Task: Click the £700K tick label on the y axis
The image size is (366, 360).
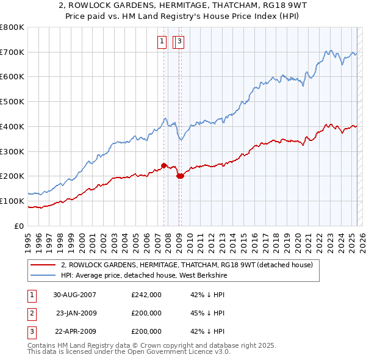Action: click(x=12, y=52)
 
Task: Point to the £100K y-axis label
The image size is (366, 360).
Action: click(x=12, y=201)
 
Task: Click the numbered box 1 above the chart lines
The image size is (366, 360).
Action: click(x=162, y=41)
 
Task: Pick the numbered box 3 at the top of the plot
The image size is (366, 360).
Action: click(x=181, y=41)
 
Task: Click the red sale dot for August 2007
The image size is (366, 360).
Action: click(x=164, y=165)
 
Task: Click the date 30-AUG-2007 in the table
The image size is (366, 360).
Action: click(x=75, y=295)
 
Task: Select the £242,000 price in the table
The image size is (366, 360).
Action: click(x=146, y=295)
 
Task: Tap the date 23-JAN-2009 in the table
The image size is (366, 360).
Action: click(x=76, y=313)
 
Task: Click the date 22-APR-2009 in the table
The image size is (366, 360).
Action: click(x=76, y=331)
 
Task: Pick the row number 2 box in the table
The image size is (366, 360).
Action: click(x=31, y=313)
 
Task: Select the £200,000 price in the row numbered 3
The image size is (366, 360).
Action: click(x=146, y=331)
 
